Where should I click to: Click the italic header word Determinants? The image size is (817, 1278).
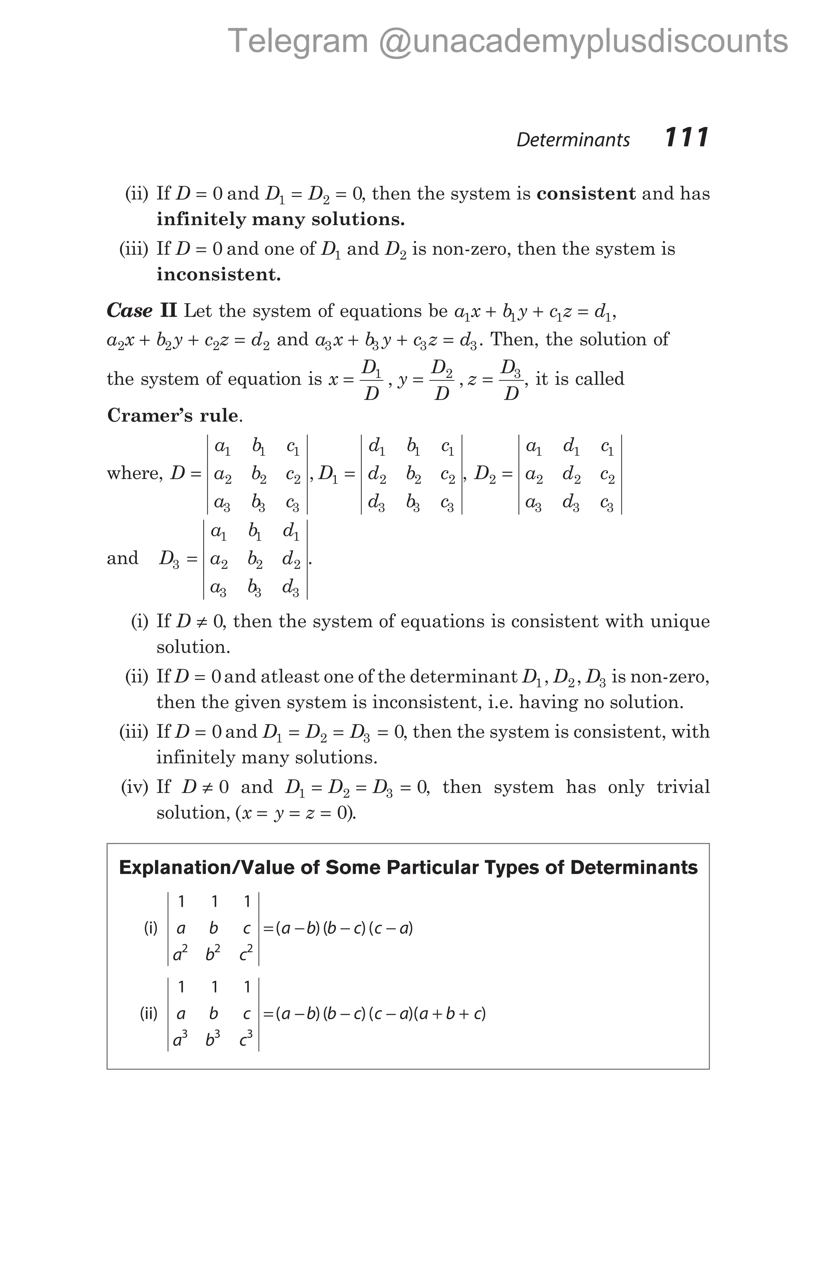pyautogui.click(x=573, y=140)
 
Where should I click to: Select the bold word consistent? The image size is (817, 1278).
pyautogui.click(x=586, y=194)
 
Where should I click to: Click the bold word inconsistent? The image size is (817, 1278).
pyautogui.click(x=218, y=274)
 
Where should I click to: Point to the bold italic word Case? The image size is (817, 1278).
pyautogui.click(x=130, y=311)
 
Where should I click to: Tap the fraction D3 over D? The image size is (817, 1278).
pyautogui.click(x=511, y=380)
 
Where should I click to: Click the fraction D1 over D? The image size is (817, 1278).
pyautogui.click(x=372, y=380)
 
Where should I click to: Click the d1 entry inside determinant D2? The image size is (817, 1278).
pyautogui.click(x=571, y=447)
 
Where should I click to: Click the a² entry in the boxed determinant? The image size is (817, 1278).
pyautogui.click(x=180, y=955)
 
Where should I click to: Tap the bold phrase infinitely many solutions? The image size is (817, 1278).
pyautogui.click(x=280, y=219)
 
